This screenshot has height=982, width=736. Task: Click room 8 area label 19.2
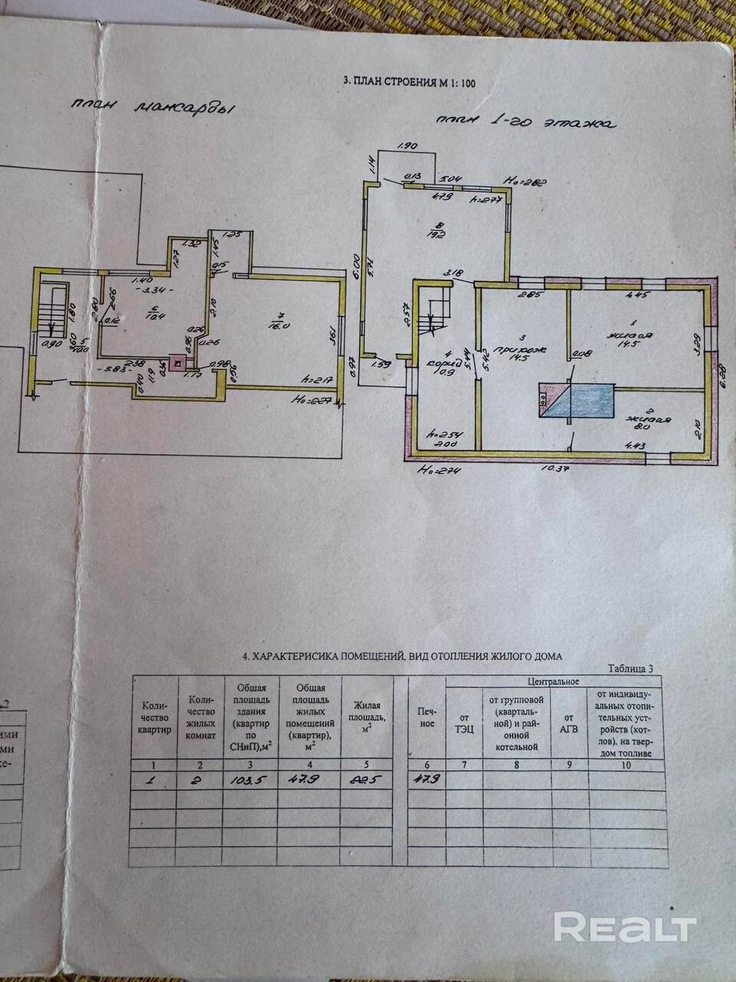[437, 232]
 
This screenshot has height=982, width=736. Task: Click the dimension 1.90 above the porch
[407, 145]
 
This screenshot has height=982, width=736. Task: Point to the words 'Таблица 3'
[629, 668]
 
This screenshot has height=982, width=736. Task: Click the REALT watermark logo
[625, 928]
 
